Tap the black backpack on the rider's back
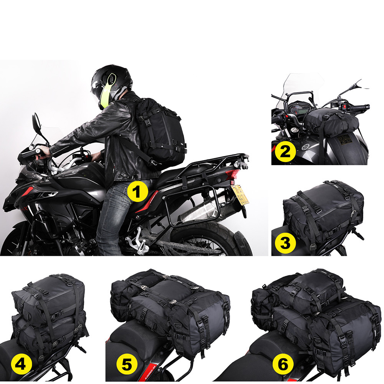[159, 128]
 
